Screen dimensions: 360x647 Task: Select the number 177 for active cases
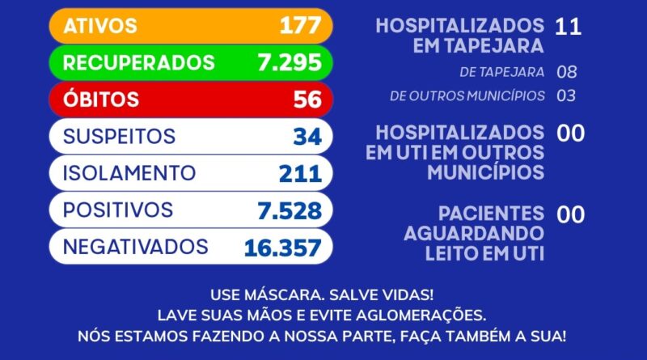coord(300,25)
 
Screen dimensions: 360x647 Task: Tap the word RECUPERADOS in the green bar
coord(139,62)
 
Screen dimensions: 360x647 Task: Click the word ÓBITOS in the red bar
coord(101,100)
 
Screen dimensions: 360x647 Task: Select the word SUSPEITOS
coord(119,136)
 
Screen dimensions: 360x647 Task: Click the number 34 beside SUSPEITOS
coord(307,137)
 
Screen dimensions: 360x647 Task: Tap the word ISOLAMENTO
coord(129,173)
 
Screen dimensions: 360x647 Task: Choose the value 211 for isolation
coord(300,174)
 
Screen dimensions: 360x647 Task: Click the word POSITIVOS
coord(118,210)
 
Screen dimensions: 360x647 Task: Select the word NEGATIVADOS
coord(136,247)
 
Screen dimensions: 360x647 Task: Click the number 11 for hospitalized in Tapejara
coord(568,26)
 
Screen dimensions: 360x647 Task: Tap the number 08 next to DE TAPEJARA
coord(567,72)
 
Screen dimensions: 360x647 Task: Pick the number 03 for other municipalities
coord(566,95)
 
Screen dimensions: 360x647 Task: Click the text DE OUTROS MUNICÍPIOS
coord(467,95)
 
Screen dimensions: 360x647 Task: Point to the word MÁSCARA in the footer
coord(270,294)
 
